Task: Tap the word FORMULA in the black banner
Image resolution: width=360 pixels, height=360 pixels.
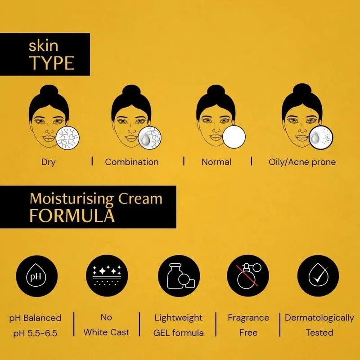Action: click(x=72, y=216)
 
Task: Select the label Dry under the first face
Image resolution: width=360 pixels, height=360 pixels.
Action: click(x=48, y=162)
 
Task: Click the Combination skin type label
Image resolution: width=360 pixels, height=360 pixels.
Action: click(x=132, y=162)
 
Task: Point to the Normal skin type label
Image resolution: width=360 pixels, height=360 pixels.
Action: click(x=216, y=162)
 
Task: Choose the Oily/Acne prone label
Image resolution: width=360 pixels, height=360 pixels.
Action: click(x=302, y=162)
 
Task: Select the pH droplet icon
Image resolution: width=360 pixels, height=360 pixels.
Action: click(x=36, y=276)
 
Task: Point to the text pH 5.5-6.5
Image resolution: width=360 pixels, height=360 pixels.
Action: click(x=35, y=333)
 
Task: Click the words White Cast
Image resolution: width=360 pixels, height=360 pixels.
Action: click(x=106, y=333)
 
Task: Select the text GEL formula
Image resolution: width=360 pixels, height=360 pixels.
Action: click(x=179, y=333)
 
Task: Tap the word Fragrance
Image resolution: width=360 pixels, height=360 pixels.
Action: click(x=248, y=318)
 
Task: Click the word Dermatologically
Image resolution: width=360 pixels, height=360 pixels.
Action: click(x=319, y=318)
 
